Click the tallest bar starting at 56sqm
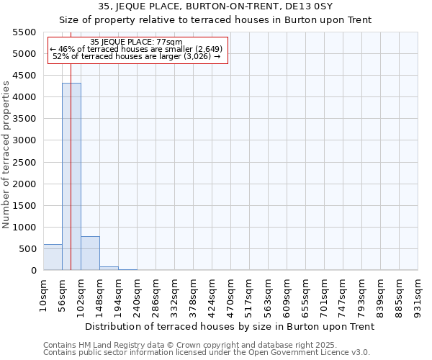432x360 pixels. pos(71,176)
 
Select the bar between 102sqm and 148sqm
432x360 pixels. pos(90,253)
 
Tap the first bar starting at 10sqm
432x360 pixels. pos(53,257)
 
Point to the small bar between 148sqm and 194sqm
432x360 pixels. pos(109,268)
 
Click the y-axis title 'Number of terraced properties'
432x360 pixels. pos(6,155)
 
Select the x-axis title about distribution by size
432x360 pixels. pos(230,326)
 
